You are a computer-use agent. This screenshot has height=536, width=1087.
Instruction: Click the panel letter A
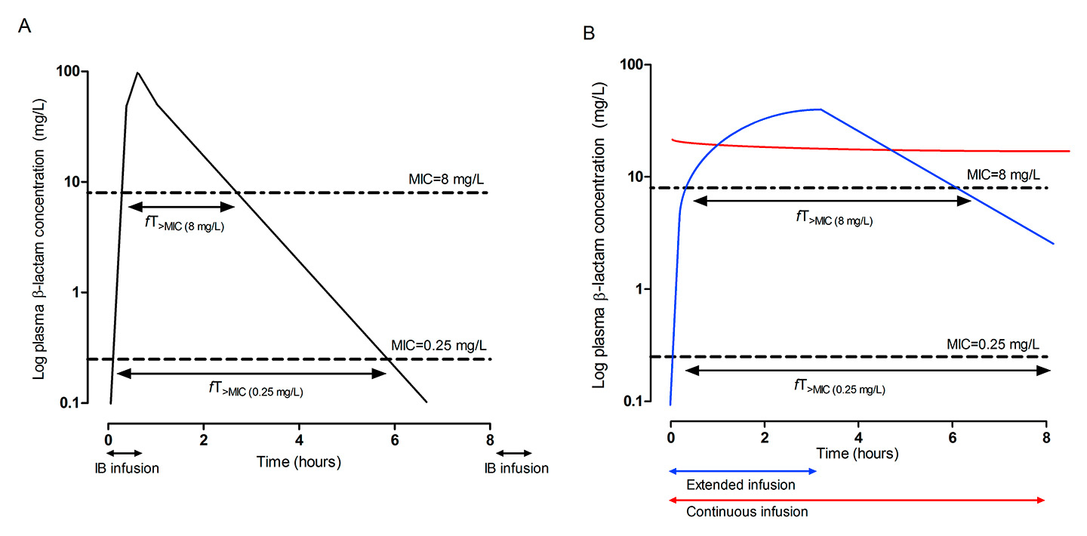(x=25, y=26)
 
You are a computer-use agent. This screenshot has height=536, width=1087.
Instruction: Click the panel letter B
(x=589, y=33)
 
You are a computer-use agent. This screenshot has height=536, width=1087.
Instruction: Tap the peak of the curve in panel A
(x=137, y=73)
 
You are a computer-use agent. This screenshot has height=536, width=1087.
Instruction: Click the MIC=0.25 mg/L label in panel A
(x=440, y=345)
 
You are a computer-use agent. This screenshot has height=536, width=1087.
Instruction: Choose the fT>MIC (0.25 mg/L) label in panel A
(x=257, y=390)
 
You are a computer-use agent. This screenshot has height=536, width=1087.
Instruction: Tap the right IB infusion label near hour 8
(x=516, y=468)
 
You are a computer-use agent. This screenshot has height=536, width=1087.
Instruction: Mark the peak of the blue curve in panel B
(x=821, y=109)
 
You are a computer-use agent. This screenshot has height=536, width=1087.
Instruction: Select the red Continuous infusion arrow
(x=858, y=500)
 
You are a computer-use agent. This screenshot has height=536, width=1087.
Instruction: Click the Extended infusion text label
(x=740, y=485)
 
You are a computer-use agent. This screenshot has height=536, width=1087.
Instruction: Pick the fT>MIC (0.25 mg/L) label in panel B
(x=839, y=387)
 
